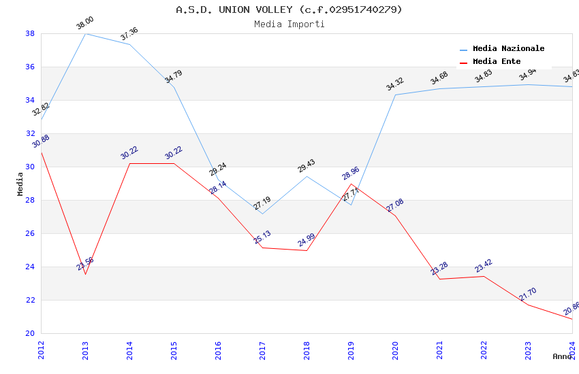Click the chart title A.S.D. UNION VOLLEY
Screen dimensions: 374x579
click(289, 10)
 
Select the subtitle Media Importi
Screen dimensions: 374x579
click(289, 24)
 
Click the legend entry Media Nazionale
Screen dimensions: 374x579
click(508, 48)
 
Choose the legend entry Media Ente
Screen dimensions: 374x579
click(497, 61)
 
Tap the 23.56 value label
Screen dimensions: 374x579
click(85, 264)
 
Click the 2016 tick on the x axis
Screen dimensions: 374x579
click(218, 350)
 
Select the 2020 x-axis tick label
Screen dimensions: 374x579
click(395, 350)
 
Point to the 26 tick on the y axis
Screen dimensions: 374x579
click(30, 233)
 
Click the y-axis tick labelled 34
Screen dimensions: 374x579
click(30, 100)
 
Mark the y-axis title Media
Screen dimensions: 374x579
click(20, 184)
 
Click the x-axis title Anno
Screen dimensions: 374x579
click(562, 356)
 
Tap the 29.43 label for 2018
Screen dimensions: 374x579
click(307, 167)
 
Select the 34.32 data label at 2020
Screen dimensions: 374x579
click(395, 84)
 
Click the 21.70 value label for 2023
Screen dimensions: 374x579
click(528, 294)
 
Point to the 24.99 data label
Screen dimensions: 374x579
click(307, 241)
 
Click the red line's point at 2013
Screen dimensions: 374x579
click(85, 274)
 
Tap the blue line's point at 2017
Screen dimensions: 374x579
click(262, 214)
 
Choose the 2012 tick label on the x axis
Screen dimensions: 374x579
click(41, 350)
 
